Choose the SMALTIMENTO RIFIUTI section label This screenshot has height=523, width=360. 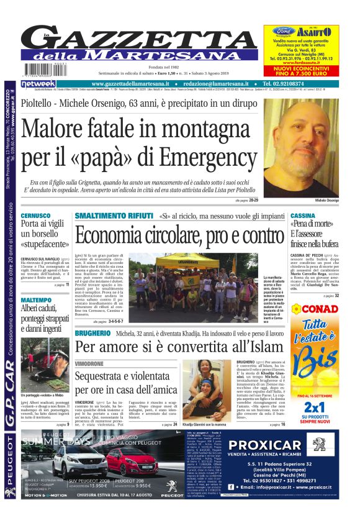(114, 216)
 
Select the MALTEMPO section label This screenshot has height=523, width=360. (36, 299)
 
